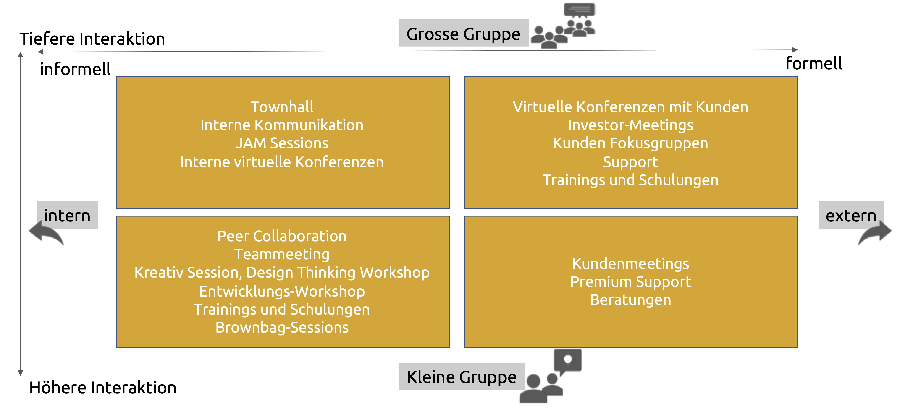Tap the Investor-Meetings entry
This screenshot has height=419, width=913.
(630, 125)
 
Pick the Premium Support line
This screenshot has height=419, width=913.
(630, 282)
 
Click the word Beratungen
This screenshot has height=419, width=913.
(630, 300)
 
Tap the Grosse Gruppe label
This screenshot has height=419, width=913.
(463, 34)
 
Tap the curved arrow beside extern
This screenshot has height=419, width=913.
(875, 233)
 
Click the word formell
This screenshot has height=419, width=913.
(813, 64)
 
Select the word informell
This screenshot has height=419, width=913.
(75, 69)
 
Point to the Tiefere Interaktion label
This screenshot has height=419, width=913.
(92, 39)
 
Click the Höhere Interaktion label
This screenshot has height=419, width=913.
(103, 388)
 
